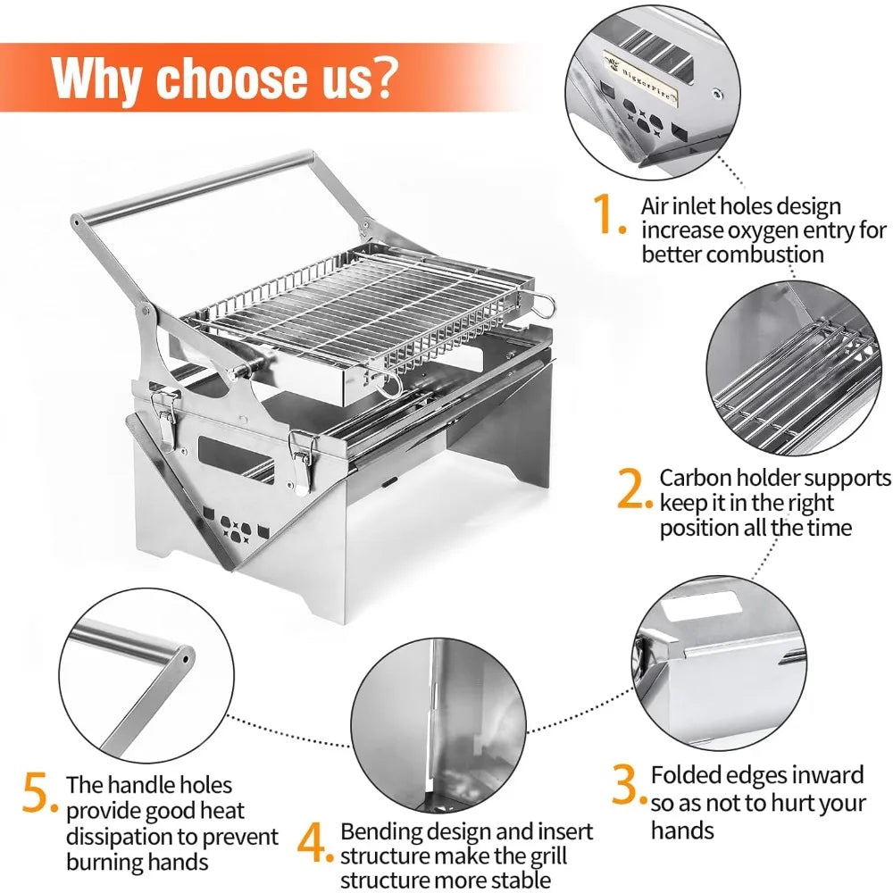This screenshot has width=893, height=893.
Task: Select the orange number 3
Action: tap(628, 784)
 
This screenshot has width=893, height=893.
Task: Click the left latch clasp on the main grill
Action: tap(164, 413)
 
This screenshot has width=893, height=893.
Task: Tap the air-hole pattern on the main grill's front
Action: tap(230, 524)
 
